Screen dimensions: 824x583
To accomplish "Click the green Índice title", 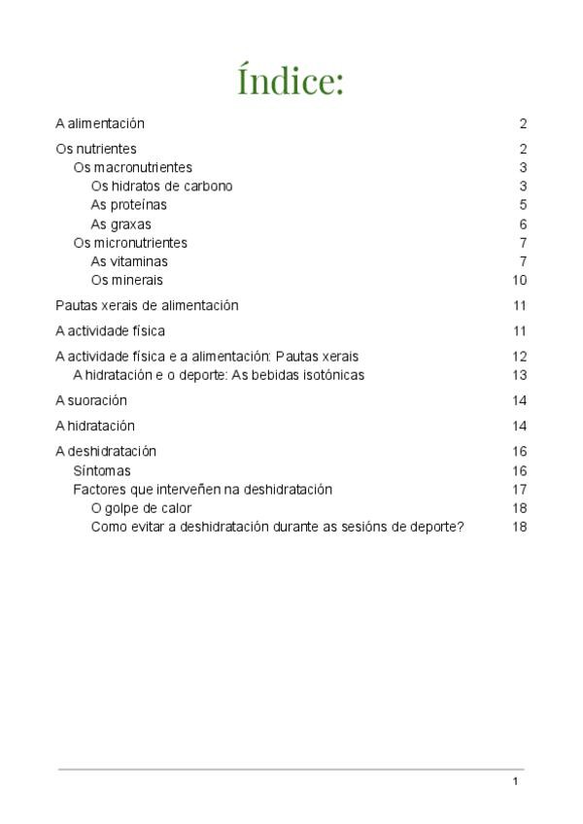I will click(x=291, y=82).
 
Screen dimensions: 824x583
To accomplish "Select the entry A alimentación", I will click(x=100, y=123).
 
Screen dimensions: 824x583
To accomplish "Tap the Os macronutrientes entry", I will click(x=133, y=167).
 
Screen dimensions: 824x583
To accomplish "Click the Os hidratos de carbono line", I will click(x=161, y=186).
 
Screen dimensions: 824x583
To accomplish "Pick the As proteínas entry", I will click(x=128, y=205).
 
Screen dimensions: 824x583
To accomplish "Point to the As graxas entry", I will click(x=120, y=223).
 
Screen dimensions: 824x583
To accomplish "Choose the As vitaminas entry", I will click(x=129, y=261).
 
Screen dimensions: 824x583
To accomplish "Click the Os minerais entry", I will click(x=126, y=280).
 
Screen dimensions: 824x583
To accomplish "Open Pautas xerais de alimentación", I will click(x=147, y=305).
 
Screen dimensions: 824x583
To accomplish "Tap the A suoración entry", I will click(x=91, y=400).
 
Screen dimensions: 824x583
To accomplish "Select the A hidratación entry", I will click(x=95, y=426).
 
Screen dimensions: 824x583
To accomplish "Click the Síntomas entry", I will click(x=102, y=470).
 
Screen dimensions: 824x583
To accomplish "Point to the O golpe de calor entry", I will click(x=141, y=508).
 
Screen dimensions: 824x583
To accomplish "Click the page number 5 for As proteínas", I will click(x=523, y=205).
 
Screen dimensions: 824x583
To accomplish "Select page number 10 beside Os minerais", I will click(x=520, y=280).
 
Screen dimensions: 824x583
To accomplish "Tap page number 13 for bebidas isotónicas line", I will click(x=520, y=375).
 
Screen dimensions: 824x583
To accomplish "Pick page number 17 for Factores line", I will click(x=520, y=490).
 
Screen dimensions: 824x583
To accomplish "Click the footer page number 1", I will click(x=515, y=782).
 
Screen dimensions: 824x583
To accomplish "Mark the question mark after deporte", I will click(x=461, y=527).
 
